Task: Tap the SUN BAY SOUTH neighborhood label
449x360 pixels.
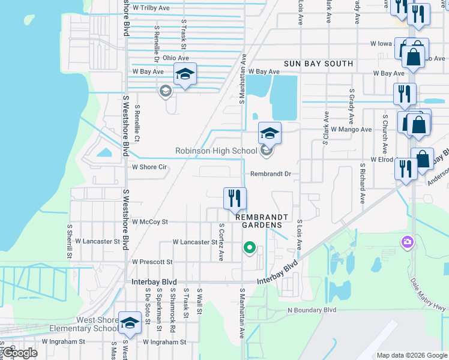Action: (x=319, y=63)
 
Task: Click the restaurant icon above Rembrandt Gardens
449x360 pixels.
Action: (x=234, y=198)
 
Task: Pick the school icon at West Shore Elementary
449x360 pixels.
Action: (x=130, y=323)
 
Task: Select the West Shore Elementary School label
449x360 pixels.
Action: (x=83, y=324)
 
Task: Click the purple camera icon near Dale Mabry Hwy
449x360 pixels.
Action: (x=408, y=242)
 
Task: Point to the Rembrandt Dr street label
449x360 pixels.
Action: (x=271, y=174)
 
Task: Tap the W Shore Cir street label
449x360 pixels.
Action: (x=149, y=167)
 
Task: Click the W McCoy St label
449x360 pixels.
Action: (x=150, y=221)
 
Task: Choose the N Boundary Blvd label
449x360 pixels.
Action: (x=312, y=310)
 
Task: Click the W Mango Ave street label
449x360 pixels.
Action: (x=351, y=129)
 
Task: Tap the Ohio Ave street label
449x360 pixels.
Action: (x=176, y=58)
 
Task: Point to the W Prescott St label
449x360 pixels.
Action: (x=152, y=262)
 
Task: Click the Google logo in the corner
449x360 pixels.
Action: (x=19, y=353)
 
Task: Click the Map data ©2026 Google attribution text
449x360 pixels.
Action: (x=411, y=355)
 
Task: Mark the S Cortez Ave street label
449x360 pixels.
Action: (x=221, y=242)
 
